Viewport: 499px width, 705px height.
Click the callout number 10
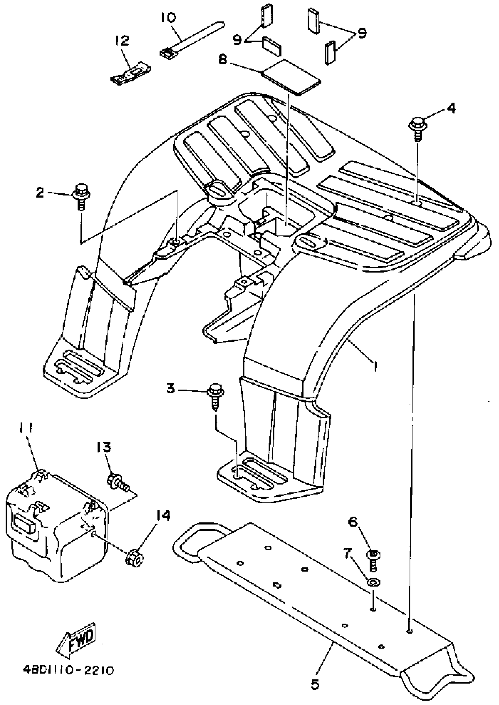tap(168, 18)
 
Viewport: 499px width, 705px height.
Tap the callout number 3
tap(171, 388)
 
